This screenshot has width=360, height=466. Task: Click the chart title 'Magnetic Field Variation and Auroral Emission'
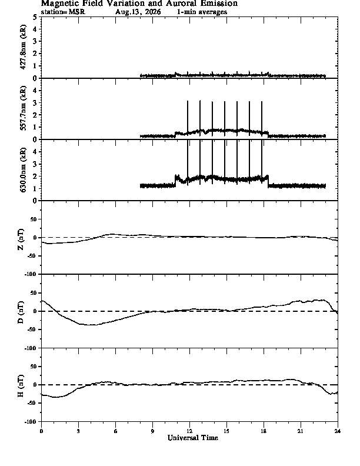(139, 4)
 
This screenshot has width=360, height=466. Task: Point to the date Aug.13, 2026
(138, 12)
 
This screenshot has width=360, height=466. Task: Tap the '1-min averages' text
(202, 12)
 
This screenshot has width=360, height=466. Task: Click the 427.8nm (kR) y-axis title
(23, 47)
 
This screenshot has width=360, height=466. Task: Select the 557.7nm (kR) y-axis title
(23, 108)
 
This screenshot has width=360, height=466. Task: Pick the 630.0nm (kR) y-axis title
(23, 169)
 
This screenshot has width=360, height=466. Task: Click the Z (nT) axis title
(21, 239)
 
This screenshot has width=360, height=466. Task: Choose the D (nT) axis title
(21, 312)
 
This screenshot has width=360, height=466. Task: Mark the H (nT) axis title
(21, 386)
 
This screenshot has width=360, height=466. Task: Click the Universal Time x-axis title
(193, 438)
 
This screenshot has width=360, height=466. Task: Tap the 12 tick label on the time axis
(189, 431)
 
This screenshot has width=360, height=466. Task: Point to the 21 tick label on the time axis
(301, 431)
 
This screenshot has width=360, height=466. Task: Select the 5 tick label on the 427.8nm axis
(35, 17)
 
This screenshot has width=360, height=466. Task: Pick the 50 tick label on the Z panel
(34, 219)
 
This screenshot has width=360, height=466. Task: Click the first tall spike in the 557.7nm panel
(188, 118)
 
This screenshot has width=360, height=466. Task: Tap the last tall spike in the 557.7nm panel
(262, 119)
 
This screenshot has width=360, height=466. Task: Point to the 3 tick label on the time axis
(78, 431)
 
